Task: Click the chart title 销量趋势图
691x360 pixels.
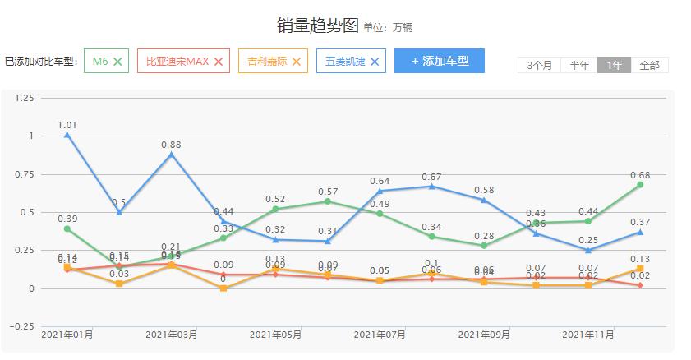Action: click(317, 25)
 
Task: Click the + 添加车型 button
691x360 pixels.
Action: click(439, 61)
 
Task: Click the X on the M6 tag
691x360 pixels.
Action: click(117, 62)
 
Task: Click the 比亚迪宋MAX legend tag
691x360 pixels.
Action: click(177, 62)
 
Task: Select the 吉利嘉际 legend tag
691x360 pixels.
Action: click(267, 62)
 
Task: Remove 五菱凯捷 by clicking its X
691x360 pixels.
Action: click(375, 62)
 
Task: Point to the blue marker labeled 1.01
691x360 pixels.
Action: click(67, 135)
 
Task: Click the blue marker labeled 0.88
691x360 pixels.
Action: click(171, 155)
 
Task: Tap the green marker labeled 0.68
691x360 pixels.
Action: click(640, 185)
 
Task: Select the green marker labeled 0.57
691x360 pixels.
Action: click(327, 201)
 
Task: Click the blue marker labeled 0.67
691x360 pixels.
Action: click(431, 187)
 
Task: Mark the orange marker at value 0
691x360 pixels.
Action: click(223, 288)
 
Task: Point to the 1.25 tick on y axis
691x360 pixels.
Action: click(25, 98)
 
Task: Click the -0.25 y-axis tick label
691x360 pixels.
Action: click(23, 326)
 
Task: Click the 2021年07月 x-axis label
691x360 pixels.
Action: click(380, 335)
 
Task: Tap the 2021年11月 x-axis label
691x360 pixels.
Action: click(587, 335)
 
